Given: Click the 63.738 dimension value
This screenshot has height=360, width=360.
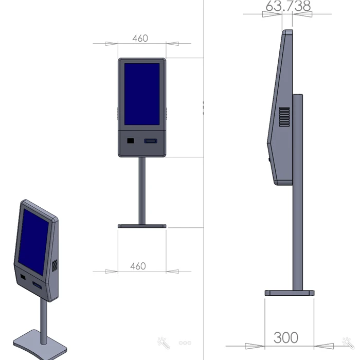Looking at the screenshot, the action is tap(288, 6).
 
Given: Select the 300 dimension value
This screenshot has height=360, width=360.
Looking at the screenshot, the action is tap(286, 337).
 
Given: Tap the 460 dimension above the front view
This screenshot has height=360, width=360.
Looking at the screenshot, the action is tap(140, 39).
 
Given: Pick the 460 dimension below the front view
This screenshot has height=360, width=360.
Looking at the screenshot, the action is tap(138, 266).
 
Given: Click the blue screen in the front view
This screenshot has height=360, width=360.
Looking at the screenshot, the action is tap(142, 94).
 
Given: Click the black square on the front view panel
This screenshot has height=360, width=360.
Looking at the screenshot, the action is tap(131, 140).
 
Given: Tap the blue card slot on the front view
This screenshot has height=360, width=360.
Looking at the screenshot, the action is tap(151, 141).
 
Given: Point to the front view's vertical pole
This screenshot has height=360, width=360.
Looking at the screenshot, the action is tap(142, 191).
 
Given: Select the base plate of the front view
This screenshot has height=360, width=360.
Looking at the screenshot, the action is tap(142, 226).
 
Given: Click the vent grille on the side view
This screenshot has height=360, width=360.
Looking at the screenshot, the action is tap(284, 117).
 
